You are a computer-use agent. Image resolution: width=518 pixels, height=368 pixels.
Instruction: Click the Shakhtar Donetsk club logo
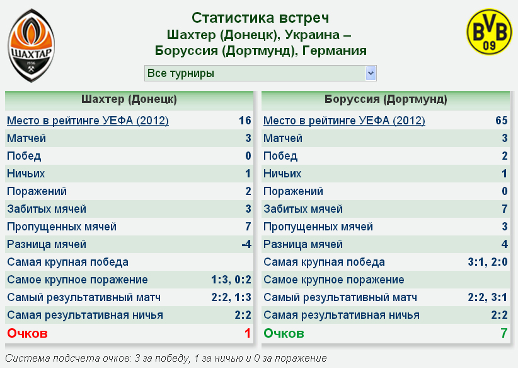pos(32,45)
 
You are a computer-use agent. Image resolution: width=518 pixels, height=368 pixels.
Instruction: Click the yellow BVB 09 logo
pos(489,32)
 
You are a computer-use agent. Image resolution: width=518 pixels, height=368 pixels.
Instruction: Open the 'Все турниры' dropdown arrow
pos(371,73)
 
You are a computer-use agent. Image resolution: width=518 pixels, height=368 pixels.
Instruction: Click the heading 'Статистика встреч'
pos(260,18)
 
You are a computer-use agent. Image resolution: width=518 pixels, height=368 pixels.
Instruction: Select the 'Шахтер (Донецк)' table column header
pos(129,99)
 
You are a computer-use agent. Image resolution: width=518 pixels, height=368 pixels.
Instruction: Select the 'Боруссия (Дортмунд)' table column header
pos(386,99)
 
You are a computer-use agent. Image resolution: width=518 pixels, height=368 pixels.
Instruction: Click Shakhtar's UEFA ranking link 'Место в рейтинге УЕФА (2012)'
pos(88,121)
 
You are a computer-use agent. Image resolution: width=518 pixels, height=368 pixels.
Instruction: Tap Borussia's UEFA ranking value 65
pos(501,121)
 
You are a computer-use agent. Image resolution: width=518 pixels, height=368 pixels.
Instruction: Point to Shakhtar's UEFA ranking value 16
pos(245,121)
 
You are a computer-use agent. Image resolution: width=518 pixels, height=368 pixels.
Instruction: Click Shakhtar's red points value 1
pos(248,333)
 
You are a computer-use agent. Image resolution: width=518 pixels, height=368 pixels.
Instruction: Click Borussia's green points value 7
pos(504,333)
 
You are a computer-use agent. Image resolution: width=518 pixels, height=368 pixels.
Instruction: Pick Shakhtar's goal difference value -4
pos(246,244)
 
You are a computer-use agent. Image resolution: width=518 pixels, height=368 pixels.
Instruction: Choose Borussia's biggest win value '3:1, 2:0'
pos(488,262)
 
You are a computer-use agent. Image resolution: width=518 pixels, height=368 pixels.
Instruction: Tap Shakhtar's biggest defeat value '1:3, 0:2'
pos(231,280)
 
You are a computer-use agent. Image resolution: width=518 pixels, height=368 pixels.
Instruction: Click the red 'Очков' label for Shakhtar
pos(28,333)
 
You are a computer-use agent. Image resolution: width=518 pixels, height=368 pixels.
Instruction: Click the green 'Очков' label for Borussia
pos(284,333)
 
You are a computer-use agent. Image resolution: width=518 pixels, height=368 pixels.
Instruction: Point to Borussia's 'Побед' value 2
pos(505,156)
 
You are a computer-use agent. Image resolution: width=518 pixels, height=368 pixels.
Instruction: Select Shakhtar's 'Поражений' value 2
pos(248,191)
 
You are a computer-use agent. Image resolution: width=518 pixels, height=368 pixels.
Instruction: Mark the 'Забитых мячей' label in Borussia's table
pos(303,209)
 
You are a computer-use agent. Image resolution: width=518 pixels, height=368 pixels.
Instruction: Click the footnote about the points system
pos(166,359)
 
